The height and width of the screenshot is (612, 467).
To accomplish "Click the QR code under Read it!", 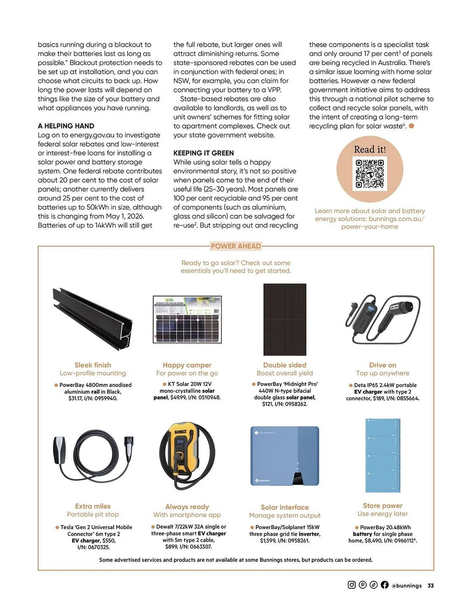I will coord(369,174).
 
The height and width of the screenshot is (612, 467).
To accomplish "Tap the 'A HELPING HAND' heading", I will coord(66,126).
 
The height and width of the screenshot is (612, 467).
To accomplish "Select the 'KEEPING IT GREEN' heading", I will coord(203,153).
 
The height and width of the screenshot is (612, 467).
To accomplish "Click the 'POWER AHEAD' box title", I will coord(236,246).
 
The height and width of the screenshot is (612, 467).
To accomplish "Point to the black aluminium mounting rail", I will coord(93,319).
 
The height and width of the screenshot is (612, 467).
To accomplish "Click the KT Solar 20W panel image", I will coord(187,319).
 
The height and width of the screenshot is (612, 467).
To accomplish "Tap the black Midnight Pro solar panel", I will coord(285,319).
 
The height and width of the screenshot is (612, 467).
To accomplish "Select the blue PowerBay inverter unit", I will coord(285,456).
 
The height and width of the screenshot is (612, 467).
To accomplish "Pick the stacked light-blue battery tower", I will coord(383,455).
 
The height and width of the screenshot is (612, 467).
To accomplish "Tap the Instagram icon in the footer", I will coord(352,585).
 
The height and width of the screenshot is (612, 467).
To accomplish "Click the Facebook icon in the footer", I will coord(384,585).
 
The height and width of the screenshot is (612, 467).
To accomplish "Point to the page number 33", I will coord(430,585).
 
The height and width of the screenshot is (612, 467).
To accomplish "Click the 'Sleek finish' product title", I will coord(93,365).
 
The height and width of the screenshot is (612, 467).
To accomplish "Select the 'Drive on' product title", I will coord(382,365).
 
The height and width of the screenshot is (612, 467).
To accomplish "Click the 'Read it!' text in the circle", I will coord(369,149).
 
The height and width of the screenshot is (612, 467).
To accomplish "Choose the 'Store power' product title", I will coord(382,506).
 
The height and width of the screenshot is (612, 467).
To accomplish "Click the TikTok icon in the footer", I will coord(373,585).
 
